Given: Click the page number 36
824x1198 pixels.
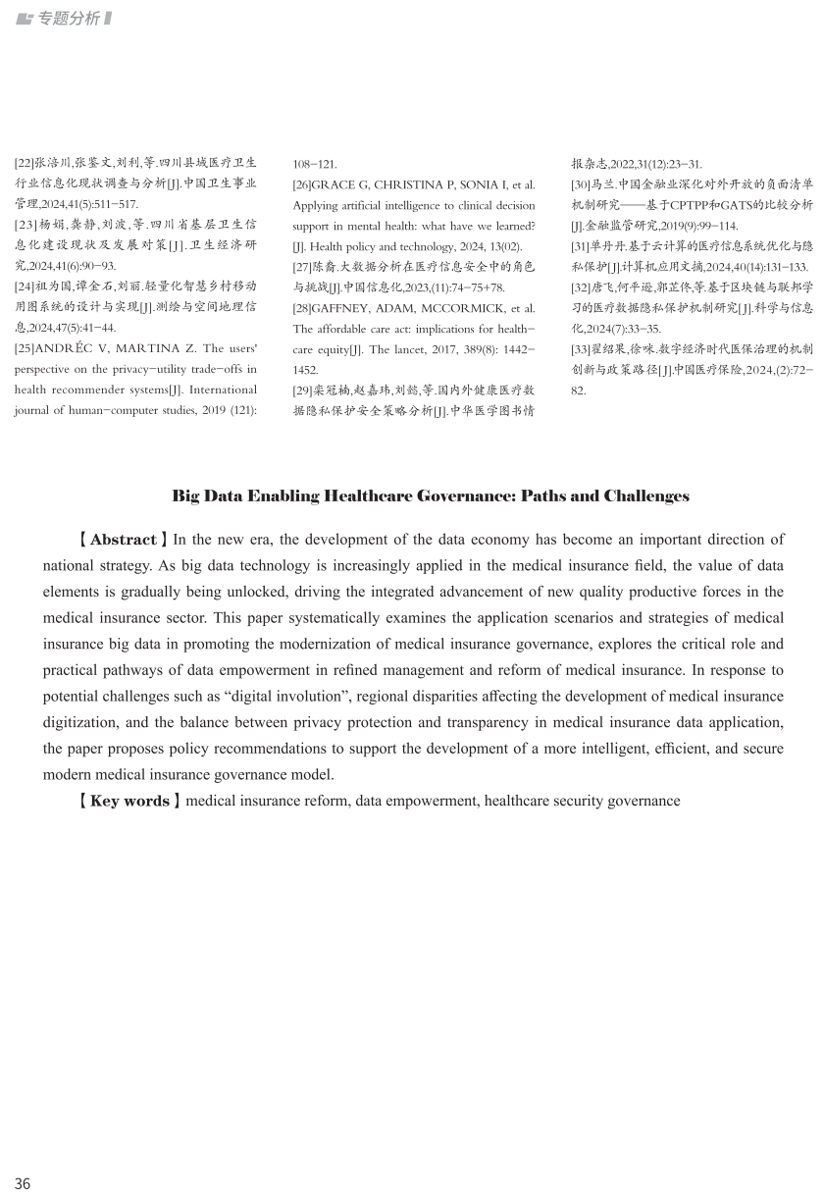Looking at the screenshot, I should [x=22, y=1183].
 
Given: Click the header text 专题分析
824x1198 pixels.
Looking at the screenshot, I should [x=67, y=19].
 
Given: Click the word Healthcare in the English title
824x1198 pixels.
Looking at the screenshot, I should [x=378, y=496].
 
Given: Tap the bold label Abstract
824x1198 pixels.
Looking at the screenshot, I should [x=124, y=540].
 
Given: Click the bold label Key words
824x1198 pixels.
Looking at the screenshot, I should [x=129, y=801].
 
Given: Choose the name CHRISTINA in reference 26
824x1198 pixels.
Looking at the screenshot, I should [x=402, y=184].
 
